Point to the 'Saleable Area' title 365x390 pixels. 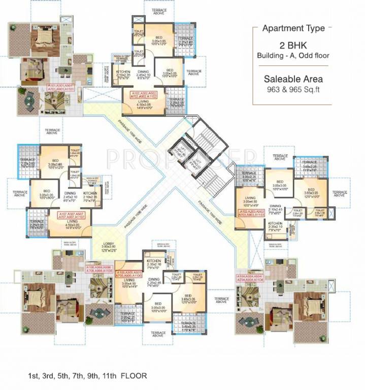(293, 79)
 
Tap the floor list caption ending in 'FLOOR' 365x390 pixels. (87, 376)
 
